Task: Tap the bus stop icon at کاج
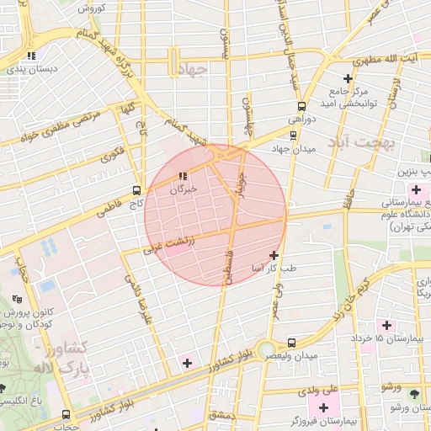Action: (138, 190)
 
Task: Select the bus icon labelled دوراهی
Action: (301, 106)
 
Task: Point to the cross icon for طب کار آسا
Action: (274, 254)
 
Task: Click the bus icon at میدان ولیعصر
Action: (291, 343)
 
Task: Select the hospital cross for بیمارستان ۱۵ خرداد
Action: (386, 325)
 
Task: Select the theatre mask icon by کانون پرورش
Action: (18, 299)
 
